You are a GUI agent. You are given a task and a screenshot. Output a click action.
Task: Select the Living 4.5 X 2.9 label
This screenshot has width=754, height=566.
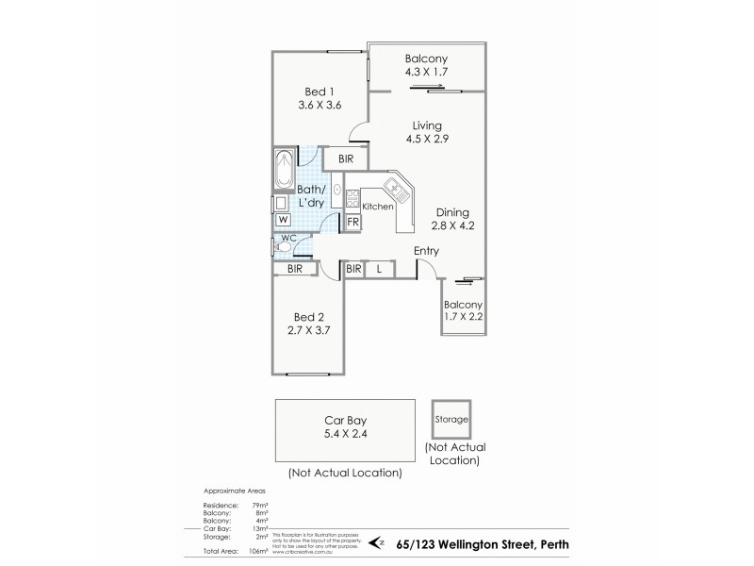click(x=426, y=132)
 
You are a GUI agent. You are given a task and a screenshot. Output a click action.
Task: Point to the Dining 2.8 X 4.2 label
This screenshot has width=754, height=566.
click(x=452, y=220)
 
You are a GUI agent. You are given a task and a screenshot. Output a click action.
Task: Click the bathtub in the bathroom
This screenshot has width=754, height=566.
click(x=284, y=169)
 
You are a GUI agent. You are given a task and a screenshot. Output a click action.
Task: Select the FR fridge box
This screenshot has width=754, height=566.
click(x=352, y=222)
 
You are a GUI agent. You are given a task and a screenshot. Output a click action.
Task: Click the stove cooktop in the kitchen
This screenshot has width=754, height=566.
click(x=352, y=199)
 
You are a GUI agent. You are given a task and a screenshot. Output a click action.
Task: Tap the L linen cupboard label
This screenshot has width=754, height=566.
click(x=379, y=269)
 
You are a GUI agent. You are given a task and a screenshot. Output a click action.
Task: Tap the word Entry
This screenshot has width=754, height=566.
click(x=428, y=250)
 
